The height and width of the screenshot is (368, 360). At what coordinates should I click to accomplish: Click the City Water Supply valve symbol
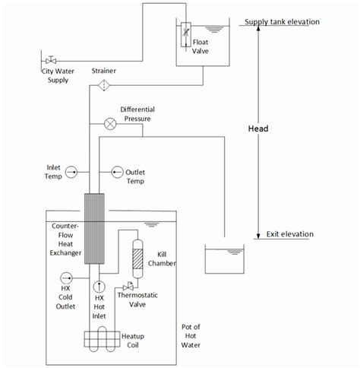click(x=51, y=60)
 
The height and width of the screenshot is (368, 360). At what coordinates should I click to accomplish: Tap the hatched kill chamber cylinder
click(x=138, y=252)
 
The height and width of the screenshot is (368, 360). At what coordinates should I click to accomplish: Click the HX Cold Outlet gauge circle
click(x=65, y=277)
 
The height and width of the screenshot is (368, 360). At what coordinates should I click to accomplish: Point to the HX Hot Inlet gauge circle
click(x=99, y=287)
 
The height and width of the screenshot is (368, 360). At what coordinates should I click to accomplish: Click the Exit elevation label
click(x=289, y=234)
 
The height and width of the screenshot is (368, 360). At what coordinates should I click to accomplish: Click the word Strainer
click(x=104, y=70)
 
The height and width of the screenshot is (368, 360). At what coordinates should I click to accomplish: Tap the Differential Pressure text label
click(x=143, y=115)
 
